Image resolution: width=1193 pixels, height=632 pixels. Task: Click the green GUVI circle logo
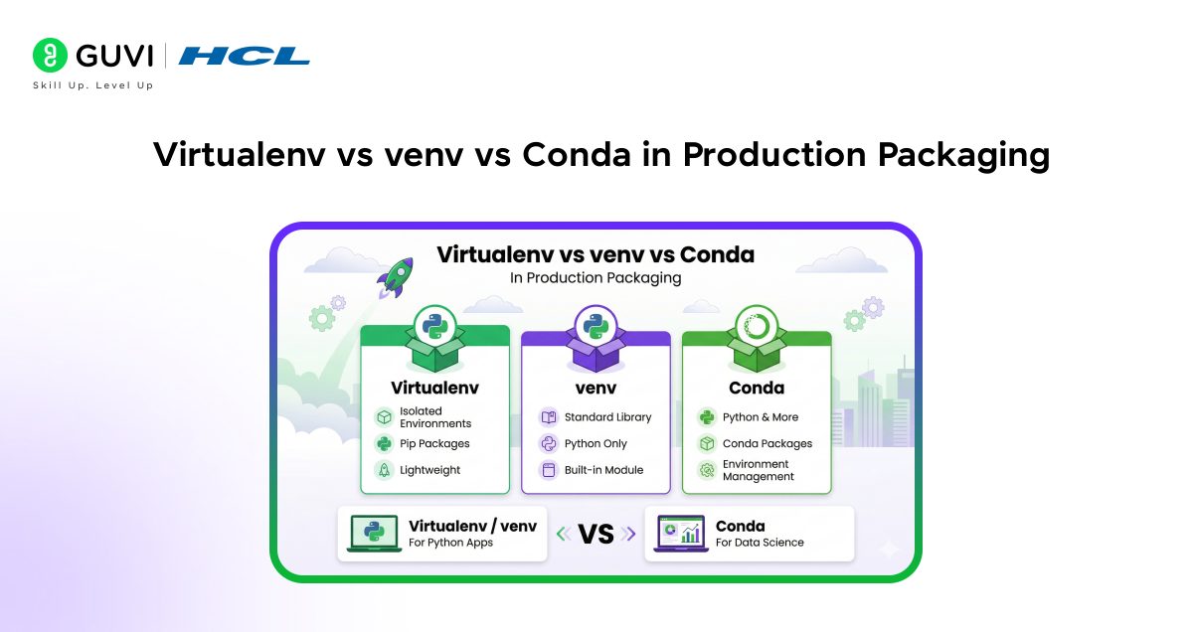tap(50, 55)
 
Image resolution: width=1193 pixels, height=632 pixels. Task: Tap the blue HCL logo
tap(244, 56)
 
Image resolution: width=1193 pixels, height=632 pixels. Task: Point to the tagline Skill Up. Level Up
tap(93, 85)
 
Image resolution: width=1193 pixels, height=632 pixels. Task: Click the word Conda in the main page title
tap(577, 154)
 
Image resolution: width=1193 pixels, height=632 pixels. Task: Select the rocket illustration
tap(396, 277)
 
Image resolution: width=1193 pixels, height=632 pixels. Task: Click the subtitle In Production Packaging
tap(596, 278)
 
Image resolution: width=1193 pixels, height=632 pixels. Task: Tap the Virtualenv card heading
tap(434, 388)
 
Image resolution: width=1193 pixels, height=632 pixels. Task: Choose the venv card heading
tap(596, 389)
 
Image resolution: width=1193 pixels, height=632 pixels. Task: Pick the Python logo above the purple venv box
tap(596, 326)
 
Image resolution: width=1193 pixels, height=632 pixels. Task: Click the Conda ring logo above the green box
tap(757, 326)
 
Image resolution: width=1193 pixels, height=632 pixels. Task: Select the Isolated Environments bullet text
tap(435, 417)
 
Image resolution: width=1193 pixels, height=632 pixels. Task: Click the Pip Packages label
tap(434, 443)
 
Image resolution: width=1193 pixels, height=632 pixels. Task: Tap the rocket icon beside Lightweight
tap(384, 470)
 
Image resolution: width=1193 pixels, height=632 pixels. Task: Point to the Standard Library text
tap(607, 417)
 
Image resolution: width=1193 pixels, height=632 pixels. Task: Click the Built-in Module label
tap(604, 470)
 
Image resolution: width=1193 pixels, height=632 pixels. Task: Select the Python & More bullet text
tap(761, 417)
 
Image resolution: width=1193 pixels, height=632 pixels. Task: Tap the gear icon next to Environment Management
tap(707, 470)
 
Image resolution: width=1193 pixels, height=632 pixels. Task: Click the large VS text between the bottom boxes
tap(596, 534)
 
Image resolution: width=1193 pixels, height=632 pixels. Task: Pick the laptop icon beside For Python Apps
tap(374, 533)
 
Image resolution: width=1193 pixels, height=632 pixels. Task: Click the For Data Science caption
tap(760, 543)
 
